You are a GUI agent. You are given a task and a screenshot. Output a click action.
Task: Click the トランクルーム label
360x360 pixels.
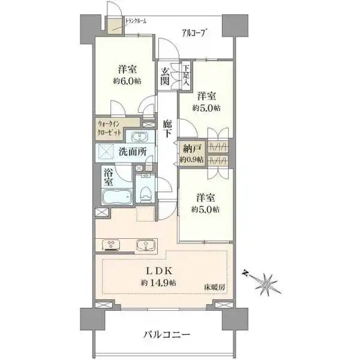coord(136,22)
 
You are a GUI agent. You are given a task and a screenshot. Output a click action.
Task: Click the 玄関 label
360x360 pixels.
coord(164,76)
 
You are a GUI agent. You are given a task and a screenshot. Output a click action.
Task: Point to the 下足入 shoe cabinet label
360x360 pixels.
coord(186,74)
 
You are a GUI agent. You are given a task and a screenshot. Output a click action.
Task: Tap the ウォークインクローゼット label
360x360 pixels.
coord(110,128)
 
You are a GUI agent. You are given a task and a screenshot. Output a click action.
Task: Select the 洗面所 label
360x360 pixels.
coord(132,152)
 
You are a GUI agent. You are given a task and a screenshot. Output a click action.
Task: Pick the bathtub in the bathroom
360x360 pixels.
coord(116,197)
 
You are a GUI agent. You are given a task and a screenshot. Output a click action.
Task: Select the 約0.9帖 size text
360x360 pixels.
coord(191,160)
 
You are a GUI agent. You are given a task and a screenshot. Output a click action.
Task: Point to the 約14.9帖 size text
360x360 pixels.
coord(158,283)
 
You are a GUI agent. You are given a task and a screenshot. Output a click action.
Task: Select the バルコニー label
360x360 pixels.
coord(167,335)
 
